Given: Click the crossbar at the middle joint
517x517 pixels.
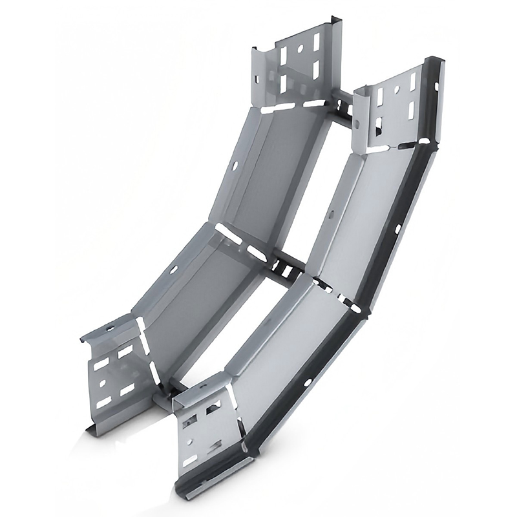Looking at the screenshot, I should click(284, 265).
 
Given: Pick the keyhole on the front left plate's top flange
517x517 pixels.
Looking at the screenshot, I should click(111, 330).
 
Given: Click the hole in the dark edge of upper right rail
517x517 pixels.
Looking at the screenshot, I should click(397, 227).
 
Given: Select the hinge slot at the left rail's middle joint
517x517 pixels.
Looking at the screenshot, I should click(229, 233).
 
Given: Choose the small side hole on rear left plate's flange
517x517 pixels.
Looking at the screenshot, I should click(257, 79).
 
